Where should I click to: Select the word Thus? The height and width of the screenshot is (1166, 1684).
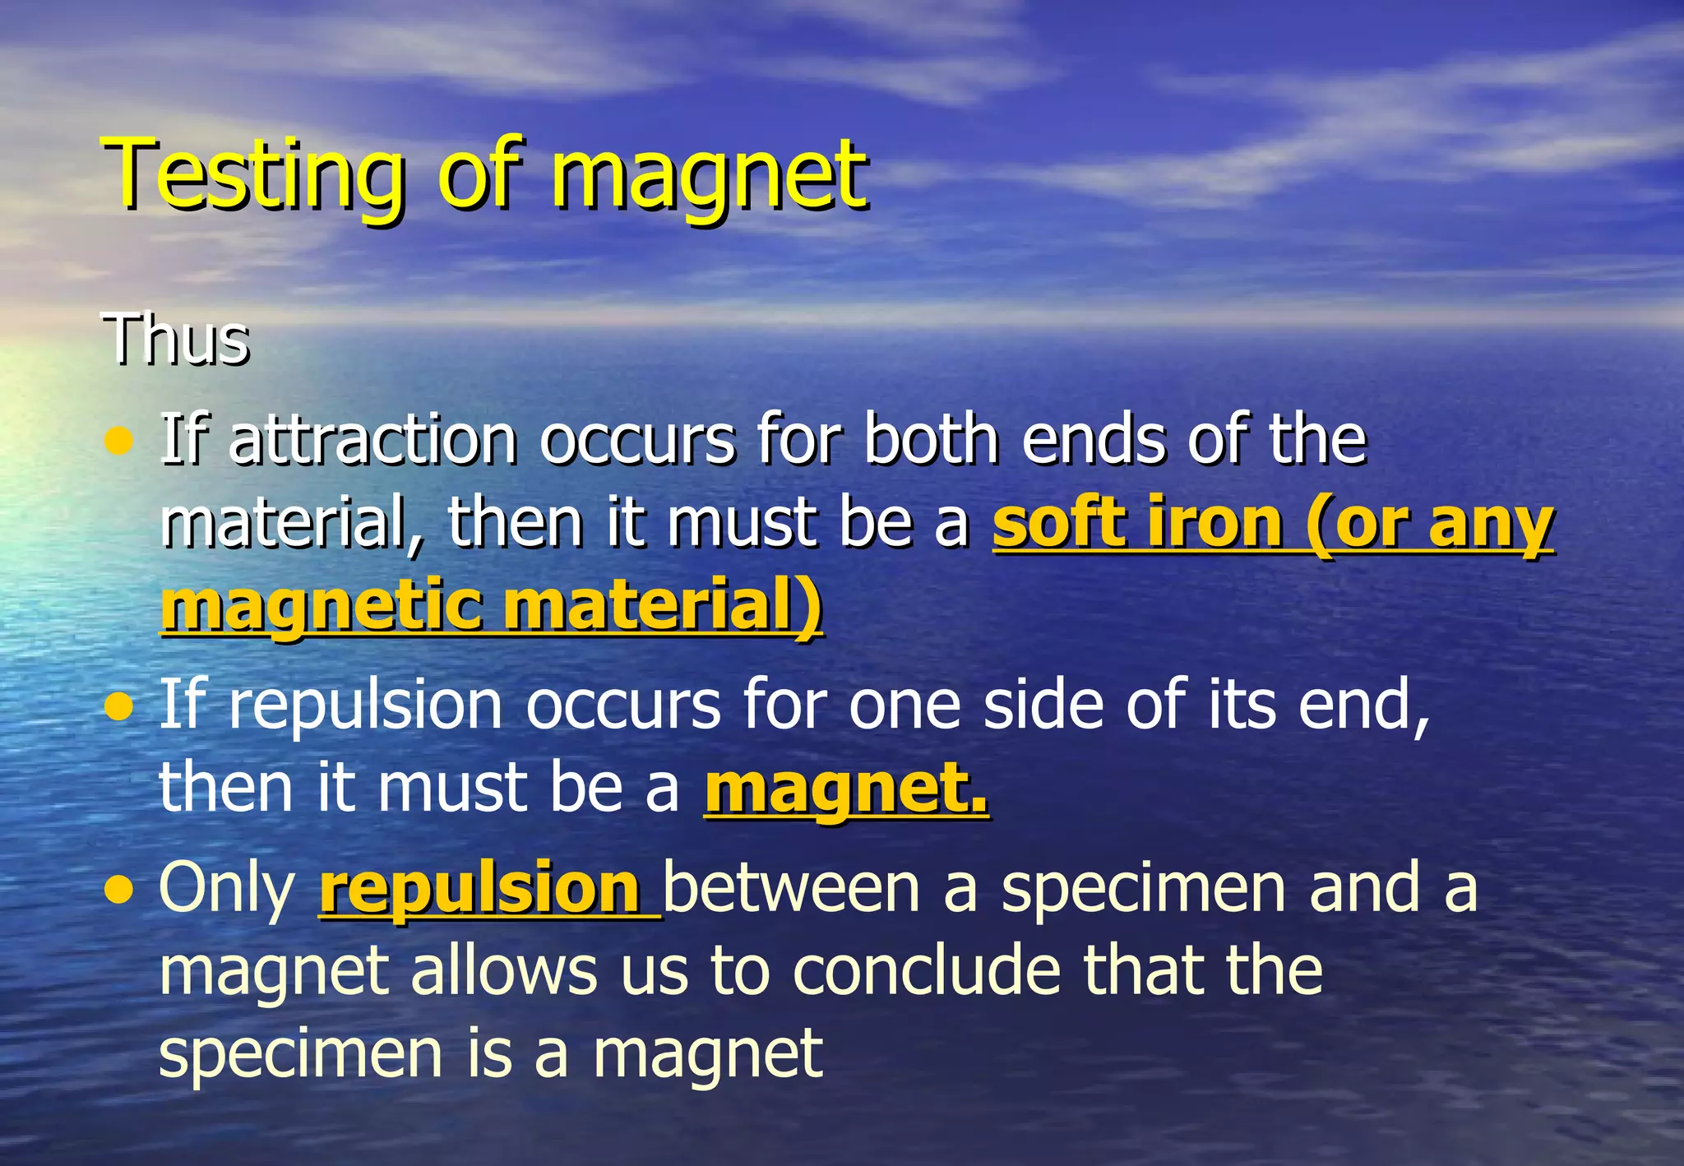(175, 339)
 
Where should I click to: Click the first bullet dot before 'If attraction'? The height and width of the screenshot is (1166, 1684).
(120, 442)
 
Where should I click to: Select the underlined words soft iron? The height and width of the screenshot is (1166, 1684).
(1136, 523)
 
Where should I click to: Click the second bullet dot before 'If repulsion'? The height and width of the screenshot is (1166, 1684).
(120, 706)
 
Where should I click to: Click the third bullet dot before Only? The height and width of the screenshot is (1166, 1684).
(120, 889)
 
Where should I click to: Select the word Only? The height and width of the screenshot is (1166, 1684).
(227, 888)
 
